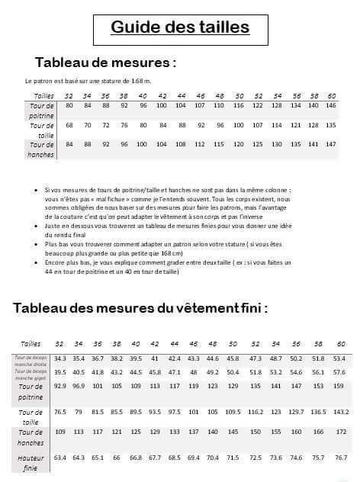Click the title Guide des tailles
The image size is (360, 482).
click(x=180, y=28)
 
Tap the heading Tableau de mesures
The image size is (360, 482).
click(x=106, y=61)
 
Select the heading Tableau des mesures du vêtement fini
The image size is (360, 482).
click(x=140, y=308)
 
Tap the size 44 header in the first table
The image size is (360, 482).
click(x=179, y=95)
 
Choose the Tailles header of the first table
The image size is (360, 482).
click(x=43, y=95)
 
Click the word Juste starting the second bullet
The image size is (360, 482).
click(x=53, y=226)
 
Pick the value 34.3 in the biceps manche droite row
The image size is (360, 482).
click(x=60, y=358)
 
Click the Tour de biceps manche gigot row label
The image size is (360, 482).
click(x=31, y=372)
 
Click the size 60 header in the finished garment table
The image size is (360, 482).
click(x=340, y=344)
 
